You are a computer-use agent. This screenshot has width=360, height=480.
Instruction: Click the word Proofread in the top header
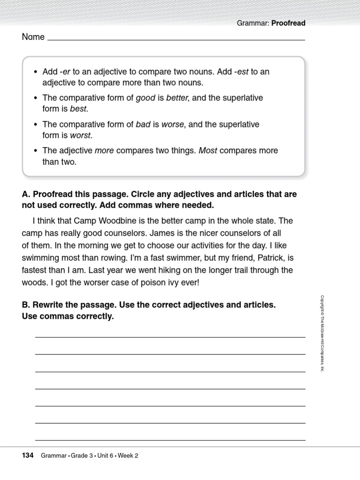coord(288,23)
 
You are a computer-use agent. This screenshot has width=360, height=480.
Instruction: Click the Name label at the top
coord(33,37)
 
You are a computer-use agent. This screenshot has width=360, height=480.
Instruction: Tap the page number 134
coord(28,455)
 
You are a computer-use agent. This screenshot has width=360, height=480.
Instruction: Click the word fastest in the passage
coord(35,270)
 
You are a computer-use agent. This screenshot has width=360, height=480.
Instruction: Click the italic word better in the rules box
coord(177,98)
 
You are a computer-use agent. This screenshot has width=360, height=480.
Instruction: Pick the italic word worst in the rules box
coord(81,135)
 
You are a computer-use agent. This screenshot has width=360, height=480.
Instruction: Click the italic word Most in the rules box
coord(208,150)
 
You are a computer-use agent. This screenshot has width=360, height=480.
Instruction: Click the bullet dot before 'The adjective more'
coord(35,151)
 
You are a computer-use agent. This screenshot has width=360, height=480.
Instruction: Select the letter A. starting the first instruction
coord(26,194)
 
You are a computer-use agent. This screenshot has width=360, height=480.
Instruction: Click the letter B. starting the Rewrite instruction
coord(26,305)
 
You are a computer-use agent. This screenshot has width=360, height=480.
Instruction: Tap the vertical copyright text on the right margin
coord(322,333)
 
